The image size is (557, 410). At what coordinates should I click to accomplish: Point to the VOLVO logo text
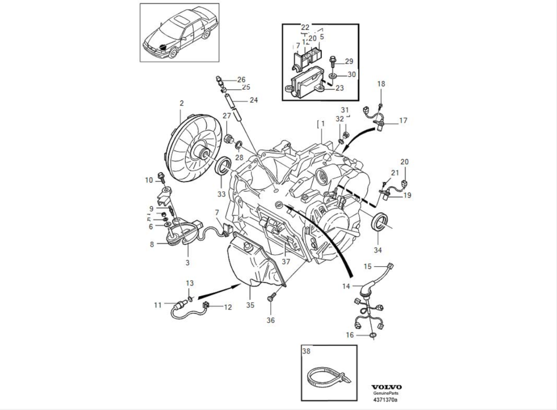click(386, 387)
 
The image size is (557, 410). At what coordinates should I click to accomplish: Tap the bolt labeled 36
click(271, 298)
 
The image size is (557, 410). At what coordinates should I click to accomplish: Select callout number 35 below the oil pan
click(250, 305)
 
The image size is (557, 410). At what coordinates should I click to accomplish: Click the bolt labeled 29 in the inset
click(332, 60)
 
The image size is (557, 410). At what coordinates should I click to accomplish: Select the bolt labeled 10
click(162, 177)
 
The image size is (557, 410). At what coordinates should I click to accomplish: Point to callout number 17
click(403, 120)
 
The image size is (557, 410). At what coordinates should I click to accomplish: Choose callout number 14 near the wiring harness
click(346, 287)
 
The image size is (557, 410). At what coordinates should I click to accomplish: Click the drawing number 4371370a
click(386, 400)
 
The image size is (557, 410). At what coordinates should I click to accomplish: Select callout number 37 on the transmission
click(286, 262)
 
